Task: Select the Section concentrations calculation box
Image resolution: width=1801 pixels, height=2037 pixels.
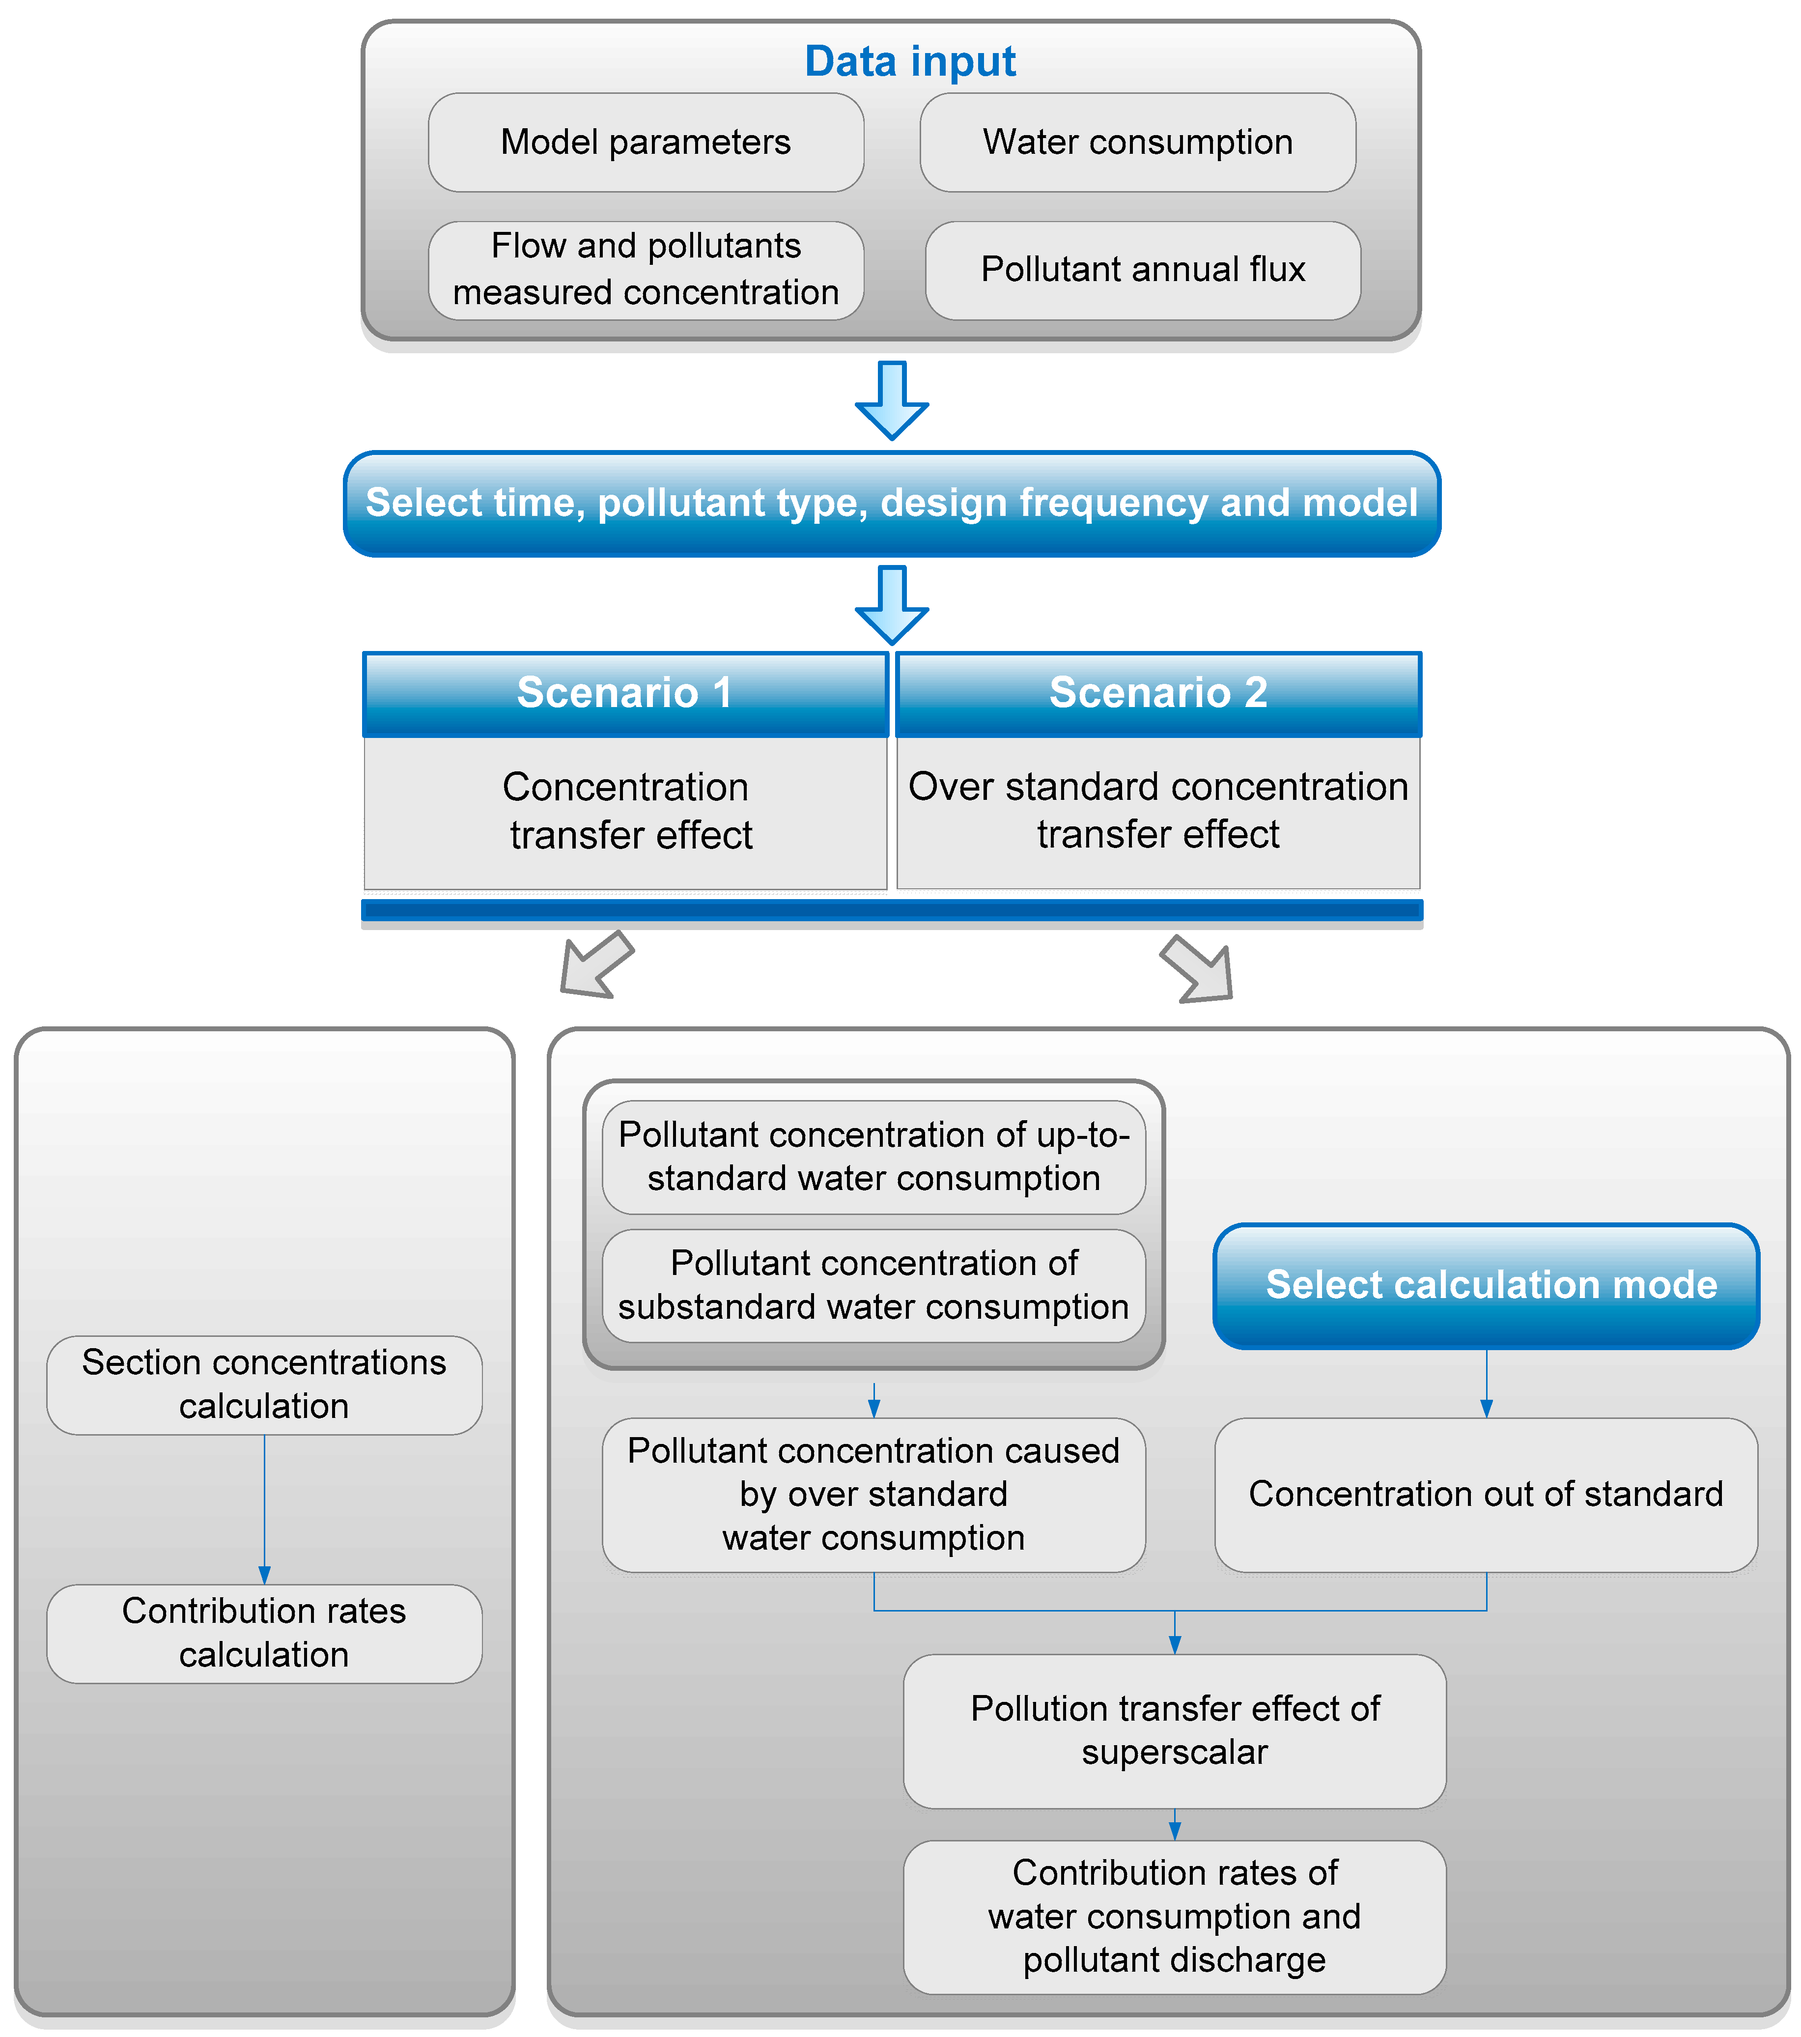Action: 264,1384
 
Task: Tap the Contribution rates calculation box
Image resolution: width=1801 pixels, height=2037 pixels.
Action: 264,1632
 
